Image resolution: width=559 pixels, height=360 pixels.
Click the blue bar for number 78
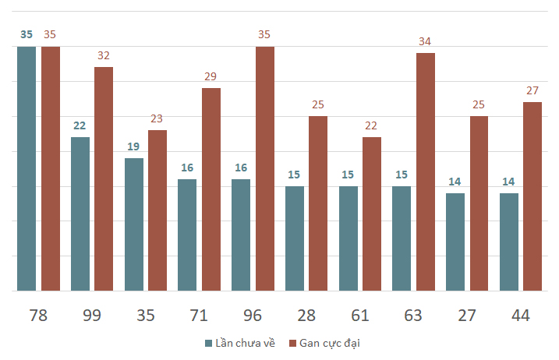[x=27, y=168]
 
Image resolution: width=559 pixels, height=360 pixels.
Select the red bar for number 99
[x=104, y=178]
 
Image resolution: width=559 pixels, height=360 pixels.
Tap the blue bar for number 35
[x=134, y=224]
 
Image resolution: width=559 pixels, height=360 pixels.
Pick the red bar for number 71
[x=211, y=189]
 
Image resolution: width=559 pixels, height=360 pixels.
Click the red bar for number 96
[x=265, y=168]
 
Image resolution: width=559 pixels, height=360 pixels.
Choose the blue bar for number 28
[x=295, y=238]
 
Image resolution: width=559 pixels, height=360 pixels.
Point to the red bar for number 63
[x=426, y=171]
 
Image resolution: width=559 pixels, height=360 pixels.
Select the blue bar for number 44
[x=509, y=242]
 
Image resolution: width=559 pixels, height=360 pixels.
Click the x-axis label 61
[x=359, y=316]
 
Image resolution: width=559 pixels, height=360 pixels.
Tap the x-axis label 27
[x=467, y=316]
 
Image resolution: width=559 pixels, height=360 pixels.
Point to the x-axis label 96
[x=253, y=316]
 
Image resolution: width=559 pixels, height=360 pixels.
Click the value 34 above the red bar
[x=426, y=41]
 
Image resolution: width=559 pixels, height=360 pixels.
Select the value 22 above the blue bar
[x=80, y=125]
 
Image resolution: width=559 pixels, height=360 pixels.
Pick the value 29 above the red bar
[x=211, y=76]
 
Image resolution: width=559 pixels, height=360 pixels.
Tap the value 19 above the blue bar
[x=134, y=146]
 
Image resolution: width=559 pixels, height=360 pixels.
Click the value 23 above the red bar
[x=157, y=118]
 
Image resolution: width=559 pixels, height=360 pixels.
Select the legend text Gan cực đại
[x=330, y=343]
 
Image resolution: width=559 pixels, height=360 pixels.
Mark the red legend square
[x=293, y=343]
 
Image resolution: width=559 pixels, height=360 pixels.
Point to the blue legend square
[x=208, y=343]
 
